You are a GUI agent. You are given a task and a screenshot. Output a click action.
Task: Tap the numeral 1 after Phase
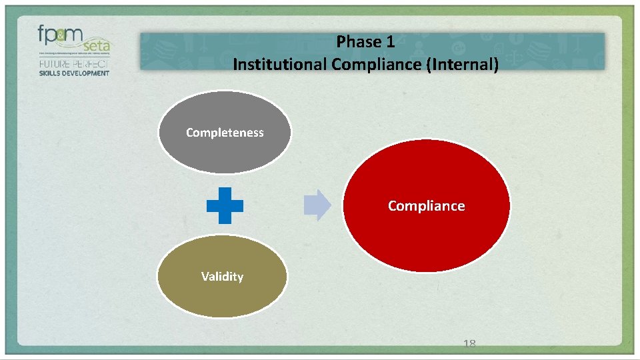[x=390, y=42]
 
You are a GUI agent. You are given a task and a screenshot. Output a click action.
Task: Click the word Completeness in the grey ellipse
[x=225, y=133]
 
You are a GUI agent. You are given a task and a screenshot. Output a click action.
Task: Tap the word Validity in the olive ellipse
[x=222, y=277]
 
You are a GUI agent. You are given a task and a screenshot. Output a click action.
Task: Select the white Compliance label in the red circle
[x=426, y=206]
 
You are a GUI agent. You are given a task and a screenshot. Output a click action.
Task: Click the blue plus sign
[x=225, y=205]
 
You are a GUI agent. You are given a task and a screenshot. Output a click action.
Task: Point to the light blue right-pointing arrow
[x=317, y=205]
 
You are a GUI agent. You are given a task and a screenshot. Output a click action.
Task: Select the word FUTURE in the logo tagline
[x=54, y=64]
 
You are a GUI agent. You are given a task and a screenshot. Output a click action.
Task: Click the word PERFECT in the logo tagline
[x=91, y=64]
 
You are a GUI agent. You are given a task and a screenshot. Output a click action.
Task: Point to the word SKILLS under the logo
[x=50, y=73]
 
